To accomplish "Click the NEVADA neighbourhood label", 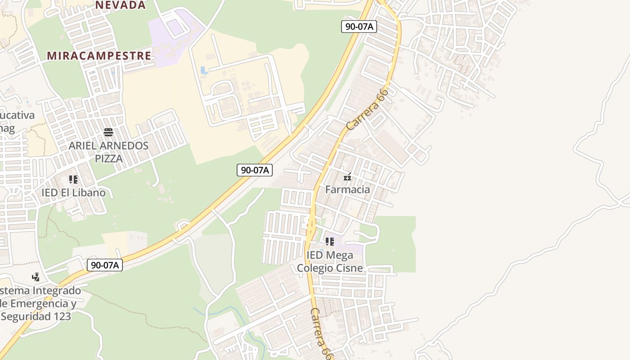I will (x=121, y=5).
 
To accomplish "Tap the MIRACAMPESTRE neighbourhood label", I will (x=99, y=56).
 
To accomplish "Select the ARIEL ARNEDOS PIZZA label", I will (x=108, y=152).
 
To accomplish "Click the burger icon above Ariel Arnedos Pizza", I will (x=108, y=132).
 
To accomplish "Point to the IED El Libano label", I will (x=73, y=193).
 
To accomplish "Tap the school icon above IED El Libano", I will (x=73, y=180).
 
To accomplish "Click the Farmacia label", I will (x=347, y=189).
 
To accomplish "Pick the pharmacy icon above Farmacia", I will (x=347, y=177).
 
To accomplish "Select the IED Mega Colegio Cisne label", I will (x=330, y=261).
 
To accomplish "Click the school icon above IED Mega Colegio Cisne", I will (x=330, y=242).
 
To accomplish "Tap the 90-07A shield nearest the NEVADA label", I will (x=359, y=27).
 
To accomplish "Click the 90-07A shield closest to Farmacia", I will (x=255, y=170).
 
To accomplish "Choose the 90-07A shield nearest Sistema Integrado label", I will (x=104, y=265).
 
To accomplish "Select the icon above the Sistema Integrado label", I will (x=36, y=277).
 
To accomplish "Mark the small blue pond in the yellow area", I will (x=203, y=71).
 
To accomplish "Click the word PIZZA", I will (x=108, y=158).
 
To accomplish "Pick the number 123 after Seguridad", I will (x=62, y=316).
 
